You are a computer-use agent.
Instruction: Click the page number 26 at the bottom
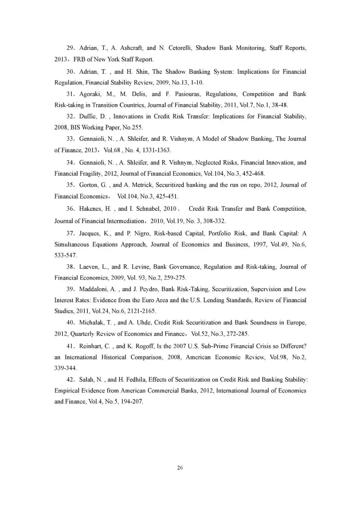[x=180, y=468]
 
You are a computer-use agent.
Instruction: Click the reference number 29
[x=70, y=48]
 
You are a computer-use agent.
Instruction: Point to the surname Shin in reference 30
[x=142, y=72]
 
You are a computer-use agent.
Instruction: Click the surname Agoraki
[x=90, y=94]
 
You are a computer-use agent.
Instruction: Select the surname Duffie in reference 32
[x=88, y=116]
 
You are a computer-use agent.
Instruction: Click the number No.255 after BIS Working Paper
[x=133, y=127]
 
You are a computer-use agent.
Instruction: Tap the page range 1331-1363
[x=157, y=150]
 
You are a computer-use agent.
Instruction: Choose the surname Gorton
[x=88, y=185]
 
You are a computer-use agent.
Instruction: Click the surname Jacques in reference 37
[x=90, y=233]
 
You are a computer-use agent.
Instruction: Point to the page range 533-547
[x=66, y=256]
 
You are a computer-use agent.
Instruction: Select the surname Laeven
[x=89, y=267]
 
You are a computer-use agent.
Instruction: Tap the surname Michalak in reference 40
[x=91, y=323]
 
